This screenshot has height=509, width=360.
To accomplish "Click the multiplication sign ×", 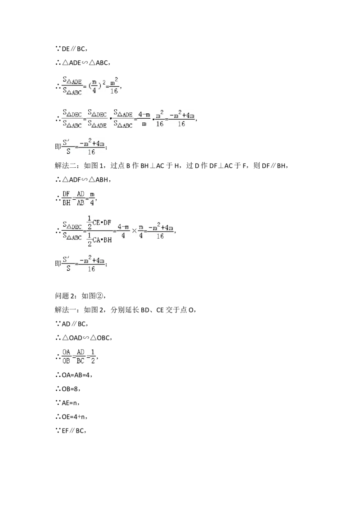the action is point(134,230).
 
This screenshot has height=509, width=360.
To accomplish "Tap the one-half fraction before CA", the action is point(89,239).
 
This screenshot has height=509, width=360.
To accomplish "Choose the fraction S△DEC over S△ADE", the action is point(97,118).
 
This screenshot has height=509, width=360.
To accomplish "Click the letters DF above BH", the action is point(66,193).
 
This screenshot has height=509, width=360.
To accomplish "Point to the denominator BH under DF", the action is point(66,203).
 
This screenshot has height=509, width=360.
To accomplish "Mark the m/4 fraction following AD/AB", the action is point(92,198).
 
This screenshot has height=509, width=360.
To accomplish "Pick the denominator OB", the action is point(66,361).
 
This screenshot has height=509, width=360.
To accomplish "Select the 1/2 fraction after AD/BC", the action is point(93,356).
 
